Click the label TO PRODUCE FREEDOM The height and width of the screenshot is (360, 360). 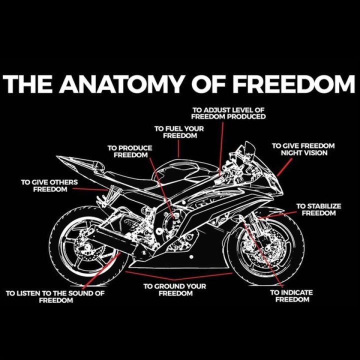pos(130,151)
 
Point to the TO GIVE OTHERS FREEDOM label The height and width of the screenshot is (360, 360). pos(49,185)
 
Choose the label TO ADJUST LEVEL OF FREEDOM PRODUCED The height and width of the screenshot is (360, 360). pos(228,113)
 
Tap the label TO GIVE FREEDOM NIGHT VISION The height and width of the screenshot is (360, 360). pos(303,149)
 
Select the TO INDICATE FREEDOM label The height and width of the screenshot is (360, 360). pos(292,295)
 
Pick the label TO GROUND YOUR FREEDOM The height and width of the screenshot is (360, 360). pos(175,289)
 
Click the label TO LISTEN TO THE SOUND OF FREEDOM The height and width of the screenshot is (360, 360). pos(55,296)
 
